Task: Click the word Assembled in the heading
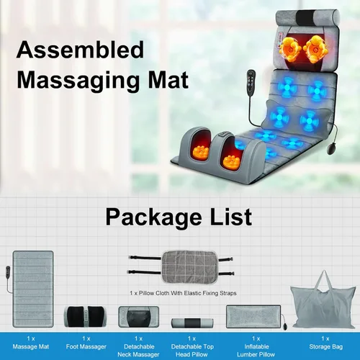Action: pos(80,50)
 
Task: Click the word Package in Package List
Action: pos(153,217)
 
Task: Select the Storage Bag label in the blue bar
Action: pos(325,343)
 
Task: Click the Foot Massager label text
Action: pos(86,343)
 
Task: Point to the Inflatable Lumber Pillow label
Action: pos(256,346)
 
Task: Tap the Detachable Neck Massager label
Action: pos(138,346)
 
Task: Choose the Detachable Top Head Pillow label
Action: pos(192,346)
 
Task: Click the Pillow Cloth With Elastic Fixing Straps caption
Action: pos(183,293)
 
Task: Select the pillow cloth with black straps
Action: pos(181,267)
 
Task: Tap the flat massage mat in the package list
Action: pos(33,289)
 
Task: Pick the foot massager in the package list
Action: pos(86,316)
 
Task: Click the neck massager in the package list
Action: pos(139,317)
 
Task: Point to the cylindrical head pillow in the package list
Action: pos(192,323)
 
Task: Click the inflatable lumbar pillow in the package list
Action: pos(253,316)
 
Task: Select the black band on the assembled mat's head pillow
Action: pos(305,17)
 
